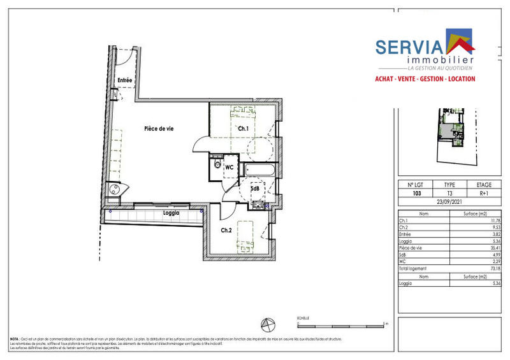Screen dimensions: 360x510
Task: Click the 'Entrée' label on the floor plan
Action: point(124,80)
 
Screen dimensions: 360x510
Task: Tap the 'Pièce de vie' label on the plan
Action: point(159,129)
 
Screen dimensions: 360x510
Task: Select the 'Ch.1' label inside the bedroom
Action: point(242,129)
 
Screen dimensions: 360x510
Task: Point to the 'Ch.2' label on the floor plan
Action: point(226,230)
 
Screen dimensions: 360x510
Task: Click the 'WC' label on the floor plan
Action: point(229,168)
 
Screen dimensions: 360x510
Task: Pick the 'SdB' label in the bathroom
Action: point(254,189)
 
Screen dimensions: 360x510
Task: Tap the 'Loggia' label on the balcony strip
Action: point(171,213)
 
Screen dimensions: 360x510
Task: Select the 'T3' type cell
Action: point(449,192)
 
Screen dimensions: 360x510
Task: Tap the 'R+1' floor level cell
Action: point(484,192)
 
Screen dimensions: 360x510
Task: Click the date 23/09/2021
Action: point(449,202)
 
